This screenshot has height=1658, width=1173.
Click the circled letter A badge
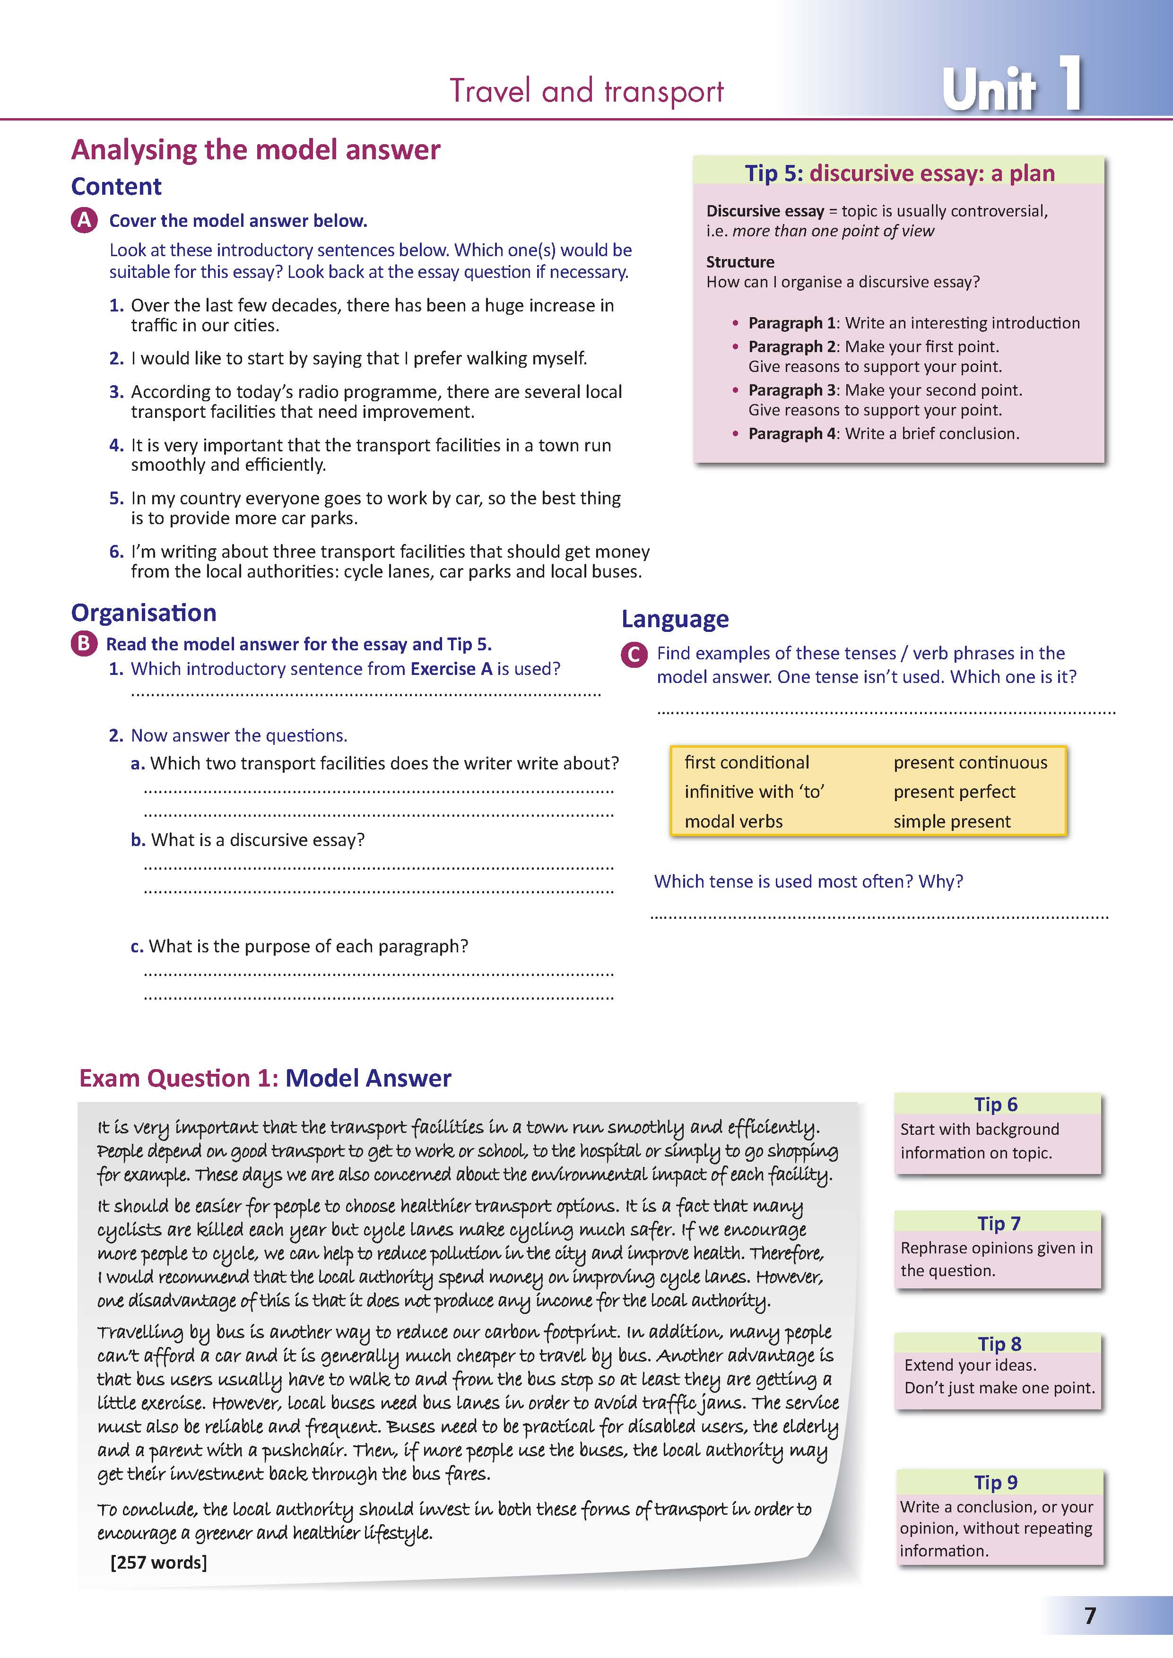[84, 220]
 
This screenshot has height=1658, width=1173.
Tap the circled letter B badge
[84, 643]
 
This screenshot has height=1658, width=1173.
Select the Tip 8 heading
[999, 1344]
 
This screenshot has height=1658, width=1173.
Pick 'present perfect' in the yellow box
[954, 792]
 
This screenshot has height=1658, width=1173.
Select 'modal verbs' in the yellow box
[733, 822]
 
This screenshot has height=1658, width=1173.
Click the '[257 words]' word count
[158, 1563]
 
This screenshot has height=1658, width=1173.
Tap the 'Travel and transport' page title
[586, 92]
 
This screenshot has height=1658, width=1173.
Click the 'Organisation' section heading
[144, 613]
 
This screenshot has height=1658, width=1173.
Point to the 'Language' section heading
[675, 620]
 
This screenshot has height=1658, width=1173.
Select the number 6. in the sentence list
[116, 552]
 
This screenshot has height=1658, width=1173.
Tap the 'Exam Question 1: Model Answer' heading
[265, 1078]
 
